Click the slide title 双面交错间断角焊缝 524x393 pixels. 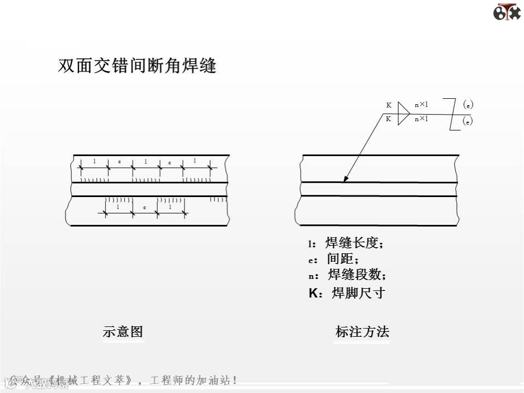[x=137, y=66]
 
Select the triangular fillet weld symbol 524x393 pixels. [x=403, y=113]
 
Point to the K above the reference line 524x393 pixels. [x=389, y=105]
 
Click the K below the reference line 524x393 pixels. [x=389, y=119]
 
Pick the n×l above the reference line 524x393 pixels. [x=421, y=104]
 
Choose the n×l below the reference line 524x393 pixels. [x=421, y=119]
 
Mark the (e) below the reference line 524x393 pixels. [x=468, y=122]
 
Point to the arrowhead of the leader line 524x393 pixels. [x=344, y=180]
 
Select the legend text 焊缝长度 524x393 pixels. [x=354, y=243]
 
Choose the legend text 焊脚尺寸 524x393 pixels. [x=358, y=293]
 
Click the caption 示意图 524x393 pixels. [x=123, y=331]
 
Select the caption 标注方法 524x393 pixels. [x=362, y=331]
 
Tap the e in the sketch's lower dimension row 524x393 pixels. [x=144, y=208]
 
